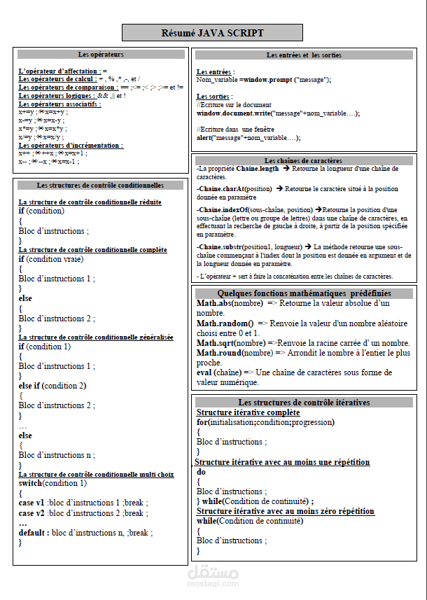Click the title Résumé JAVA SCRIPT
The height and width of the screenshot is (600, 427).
212,33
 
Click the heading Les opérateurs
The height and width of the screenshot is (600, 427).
100,54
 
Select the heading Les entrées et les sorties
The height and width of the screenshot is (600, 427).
304,55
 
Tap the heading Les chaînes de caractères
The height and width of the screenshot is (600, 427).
303,161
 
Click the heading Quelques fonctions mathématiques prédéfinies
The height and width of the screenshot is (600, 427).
304,293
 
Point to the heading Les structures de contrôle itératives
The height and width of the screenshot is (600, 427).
304,403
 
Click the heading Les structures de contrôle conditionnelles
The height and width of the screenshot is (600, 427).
100,186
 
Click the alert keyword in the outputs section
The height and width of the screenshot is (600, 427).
206,138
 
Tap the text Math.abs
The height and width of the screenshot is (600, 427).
213,303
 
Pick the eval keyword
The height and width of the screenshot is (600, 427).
204,372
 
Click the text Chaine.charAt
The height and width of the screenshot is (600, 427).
220,189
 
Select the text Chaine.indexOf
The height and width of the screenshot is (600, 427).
223,209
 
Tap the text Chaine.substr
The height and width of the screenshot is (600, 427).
222,247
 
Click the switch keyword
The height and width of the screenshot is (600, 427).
30,483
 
